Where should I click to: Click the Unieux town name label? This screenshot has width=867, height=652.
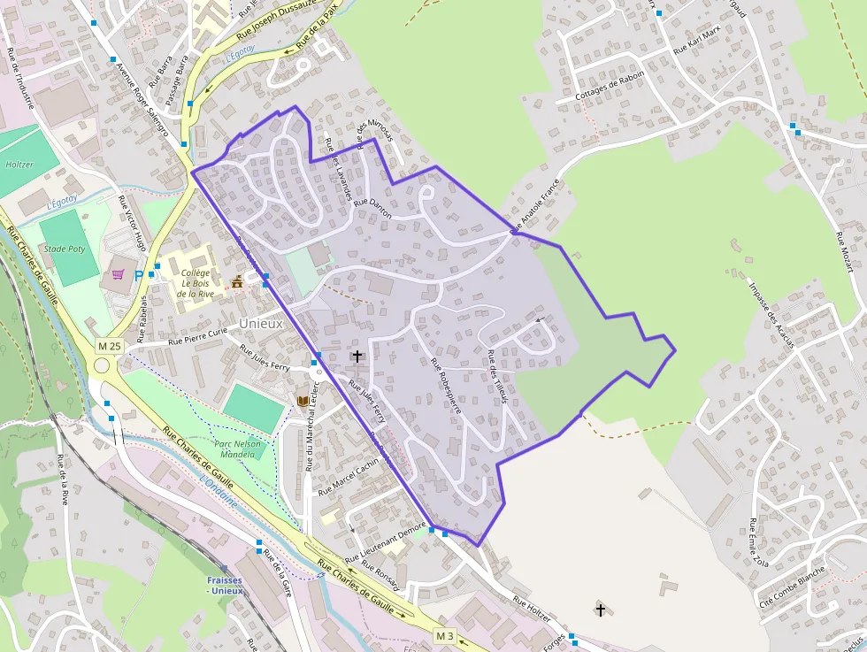pyautogui.click(x=261, y=323)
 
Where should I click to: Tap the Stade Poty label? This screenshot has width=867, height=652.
pyautogui.click(x=65, y=249)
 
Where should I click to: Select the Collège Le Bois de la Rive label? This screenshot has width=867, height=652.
pyautogui.click(x=195, y=283)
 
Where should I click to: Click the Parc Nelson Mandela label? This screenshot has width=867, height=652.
pyautogui.click(x=240, y=448)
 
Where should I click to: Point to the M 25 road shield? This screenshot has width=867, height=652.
pyautogui.click(x=109, y=345)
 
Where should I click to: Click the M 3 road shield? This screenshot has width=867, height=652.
pyautogui.click(x=444, y=636)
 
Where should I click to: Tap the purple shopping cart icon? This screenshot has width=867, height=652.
pyautogui.click(x=118, y=274)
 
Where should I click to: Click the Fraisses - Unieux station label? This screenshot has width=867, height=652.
pyautogui.click(x=225, y=586)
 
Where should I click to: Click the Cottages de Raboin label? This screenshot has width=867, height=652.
pyautogui.click(x=610, y=86)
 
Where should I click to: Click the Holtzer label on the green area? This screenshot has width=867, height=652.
pyautogui.click(x=19, y=165)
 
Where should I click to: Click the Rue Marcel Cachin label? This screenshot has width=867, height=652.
pyautogui.click(x=349, y=476)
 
